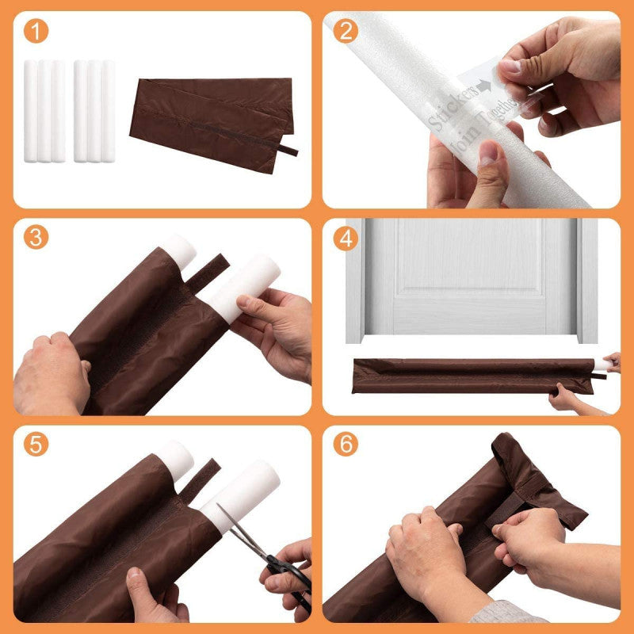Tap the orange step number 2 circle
pos(346,32)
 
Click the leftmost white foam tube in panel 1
pos(32,111)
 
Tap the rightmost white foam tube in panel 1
pos(109,111)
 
